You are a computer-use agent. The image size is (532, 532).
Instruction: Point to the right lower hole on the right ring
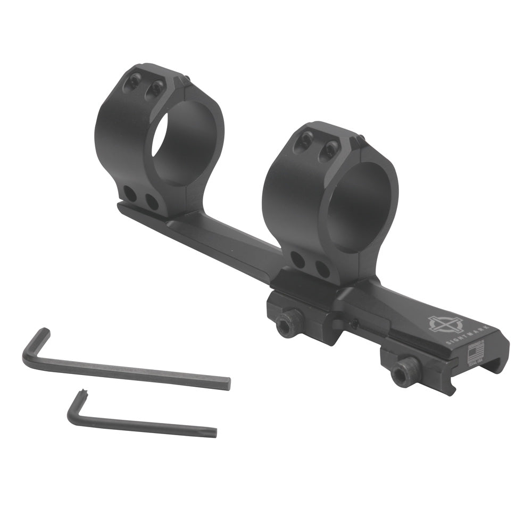[322, 269]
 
